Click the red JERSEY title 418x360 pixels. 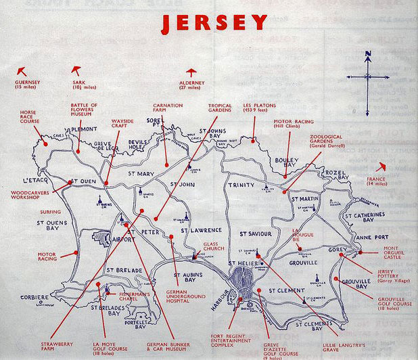click(214, 22)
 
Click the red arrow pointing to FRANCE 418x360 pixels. click(383, 165)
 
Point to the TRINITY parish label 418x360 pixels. click(241, 185)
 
